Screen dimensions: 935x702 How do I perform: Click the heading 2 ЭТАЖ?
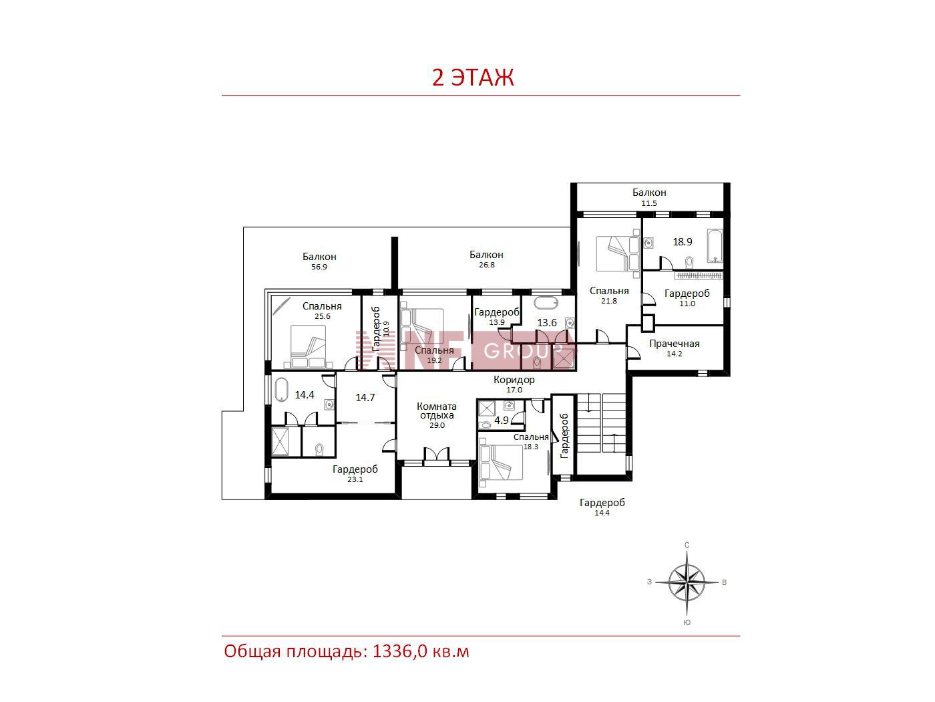tap(473, 78)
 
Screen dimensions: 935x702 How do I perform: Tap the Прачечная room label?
tap(675, 344)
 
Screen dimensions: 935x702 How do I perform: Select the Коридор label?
tap(514, 379)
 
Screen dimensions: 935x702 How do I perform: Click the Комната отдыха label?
tap(437, 411)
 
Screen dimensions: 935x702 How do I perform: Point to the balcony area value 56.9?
tap(319, 267)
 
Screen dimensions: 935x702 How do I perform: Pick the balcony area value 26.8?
tap(487, 265)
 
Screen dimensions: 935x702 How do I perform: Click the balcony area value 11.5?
tap(649, 203)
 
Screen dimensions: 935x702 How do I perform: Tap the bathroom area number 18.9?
tap(683, 242)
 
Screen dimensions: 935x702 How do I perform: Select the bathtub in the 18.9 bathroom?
tap(715, 246)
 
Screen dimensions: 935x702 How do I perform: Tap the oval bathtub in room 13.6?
tap(546, 304)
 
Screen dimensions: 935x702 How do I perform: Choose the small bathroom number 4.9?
tap(502, 421)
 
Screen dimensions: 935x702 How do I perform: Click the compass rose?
tap(687, 582)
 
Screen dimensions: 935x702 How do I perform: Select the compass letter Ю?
tap(687, 622)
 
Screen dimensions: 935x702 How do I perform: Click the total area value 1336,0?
tap(399, 652)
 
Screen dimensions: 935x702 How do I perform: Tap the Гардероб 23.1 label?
tap(355, 473)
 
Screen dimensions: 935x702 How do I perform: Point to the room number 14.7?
tap(365, 398)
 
